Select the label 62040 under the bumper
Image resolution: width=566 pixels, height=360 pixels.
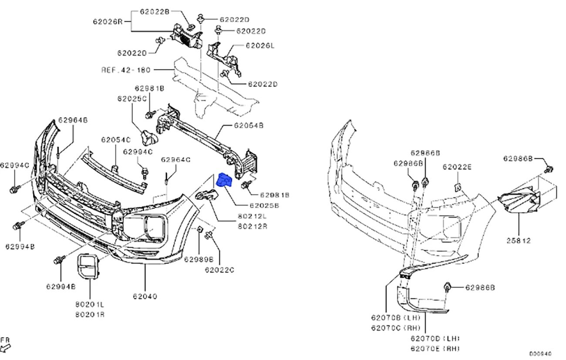(x=145, y=296)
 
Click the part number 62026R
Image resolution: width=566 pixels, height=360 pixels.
(x=107, y=20)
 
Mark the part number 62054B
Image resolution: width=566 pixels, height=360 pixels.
(x=249, y=125)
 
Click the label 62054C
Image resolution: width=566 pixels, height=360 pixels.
(x=116, y=140)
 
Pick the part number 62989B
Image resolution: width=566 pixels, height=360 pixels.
(x=199, y=259)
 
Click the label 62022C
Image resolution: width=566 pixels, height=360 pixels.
(x=220, y=270)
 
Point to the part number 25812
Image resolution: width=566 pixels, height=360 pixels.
(x=519, y=240)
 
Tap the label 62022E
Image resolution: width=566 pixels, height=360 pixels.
(x=458, y=167)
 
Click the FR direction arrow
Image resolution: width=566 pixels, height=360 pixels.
(x=6, y=347)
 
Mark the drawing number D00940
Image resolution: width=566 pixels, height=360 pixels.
(x=540, y=354)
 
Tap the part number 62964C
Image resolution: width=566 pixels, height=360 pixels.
(x=176, y=160)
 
